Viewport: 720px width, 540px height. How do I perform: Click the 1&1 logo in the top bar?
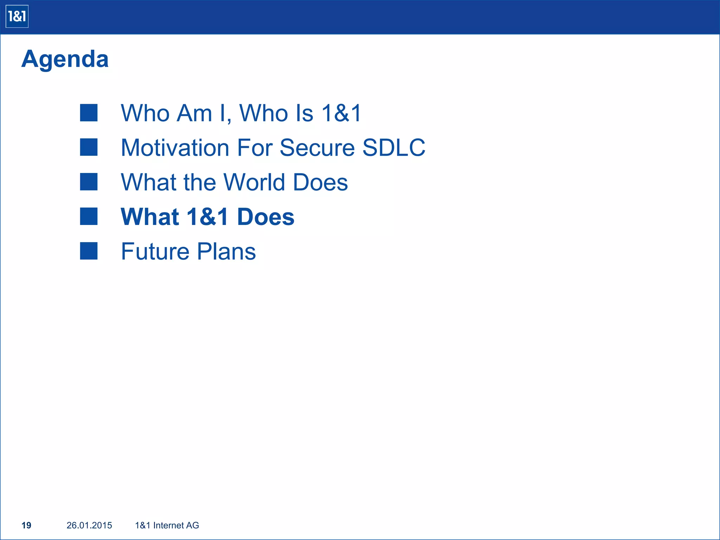pos(17,17)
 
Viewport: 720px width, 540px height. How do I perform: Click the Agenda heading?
pos(65,59)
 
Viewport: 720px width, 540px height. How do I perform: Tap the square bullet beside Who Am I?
pos(89,113)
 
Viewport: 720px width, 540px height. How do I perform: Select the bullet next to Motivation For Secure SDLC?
pos(89,147)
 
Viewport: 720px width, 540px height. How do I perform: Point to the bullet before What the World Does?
pos(89,182)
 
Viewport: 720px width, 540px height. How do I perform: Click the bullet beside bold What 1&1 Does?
pos(89,216)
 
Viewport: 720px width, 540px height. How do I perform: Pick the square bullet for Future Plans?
pos(89,251)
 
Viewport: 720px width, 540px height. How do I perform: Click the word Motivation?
pos(175,147)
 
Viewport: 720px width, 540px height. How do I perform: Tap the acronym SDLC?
pos(393,147)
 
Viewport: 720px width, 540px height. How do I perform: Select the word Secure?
pos(317,147)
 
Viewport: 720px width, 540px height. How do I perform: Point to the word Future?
pos(155,251)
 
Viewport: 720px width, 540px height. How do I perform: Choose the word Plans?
pos(226,251)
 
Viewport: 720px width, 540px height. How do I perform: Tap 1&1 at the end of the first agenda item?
pos(341,113)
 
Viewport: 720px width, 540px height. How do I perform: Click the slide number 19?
pos(26,525)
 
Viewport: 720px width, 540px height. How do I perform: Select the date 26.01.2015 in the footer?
pos(89,525)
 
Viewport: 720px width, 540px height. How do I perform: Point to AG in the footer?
pos(193,525)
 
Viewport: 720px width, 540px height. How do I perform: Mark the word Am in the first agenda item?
pos(194,113)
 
